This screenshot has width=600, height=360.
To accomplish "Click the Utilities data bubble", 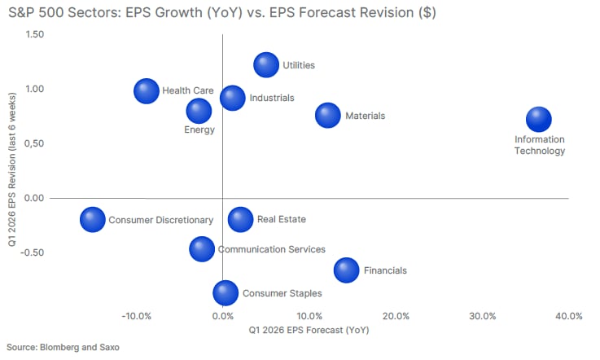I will tap(266, 65).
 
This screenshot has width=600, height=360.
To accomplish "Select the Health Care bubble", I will tap(147, 90).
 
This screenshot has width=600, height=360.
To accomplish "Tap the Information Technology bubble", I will tap(539, 119).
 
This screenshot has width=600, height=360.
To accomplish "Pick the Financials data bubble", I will tap(346, 270).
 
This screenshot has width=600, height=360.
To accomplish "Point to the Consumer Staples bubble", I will tap(226, 292).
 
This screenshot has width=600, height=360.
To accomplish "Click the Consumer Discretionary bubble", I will tap(93, 219).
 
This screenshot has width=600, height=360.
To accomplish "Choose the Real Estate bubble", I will tap(240, 218).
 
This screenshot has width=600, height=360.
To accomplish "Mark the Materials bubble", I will tap(327, 116).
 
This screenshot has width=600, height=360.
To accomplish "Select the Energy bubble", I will tap(199, 110).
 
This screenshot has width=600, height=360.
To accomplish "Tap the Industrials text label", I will tap(272, 98).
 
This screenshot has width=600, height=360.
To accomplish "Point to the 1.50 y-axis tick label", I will tap(34, 33).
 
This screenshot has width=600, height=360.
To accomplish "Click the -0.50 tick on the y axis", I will tap(32, 252).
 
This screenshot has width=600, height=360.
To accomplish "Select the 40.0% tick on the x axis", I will tap(568, 316).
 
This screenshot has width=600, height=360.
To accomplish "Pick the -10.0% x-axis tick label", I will tap(135, 316).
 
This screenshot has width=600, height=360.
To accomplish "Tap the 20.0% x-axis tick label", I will tap(395, 316).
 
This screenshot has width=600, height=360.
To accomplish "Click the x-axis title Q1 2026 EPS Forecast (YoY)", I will tap(309, 331).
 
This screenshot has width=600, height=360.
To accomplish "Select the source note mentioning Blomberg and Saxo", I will tap(63, 347).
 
